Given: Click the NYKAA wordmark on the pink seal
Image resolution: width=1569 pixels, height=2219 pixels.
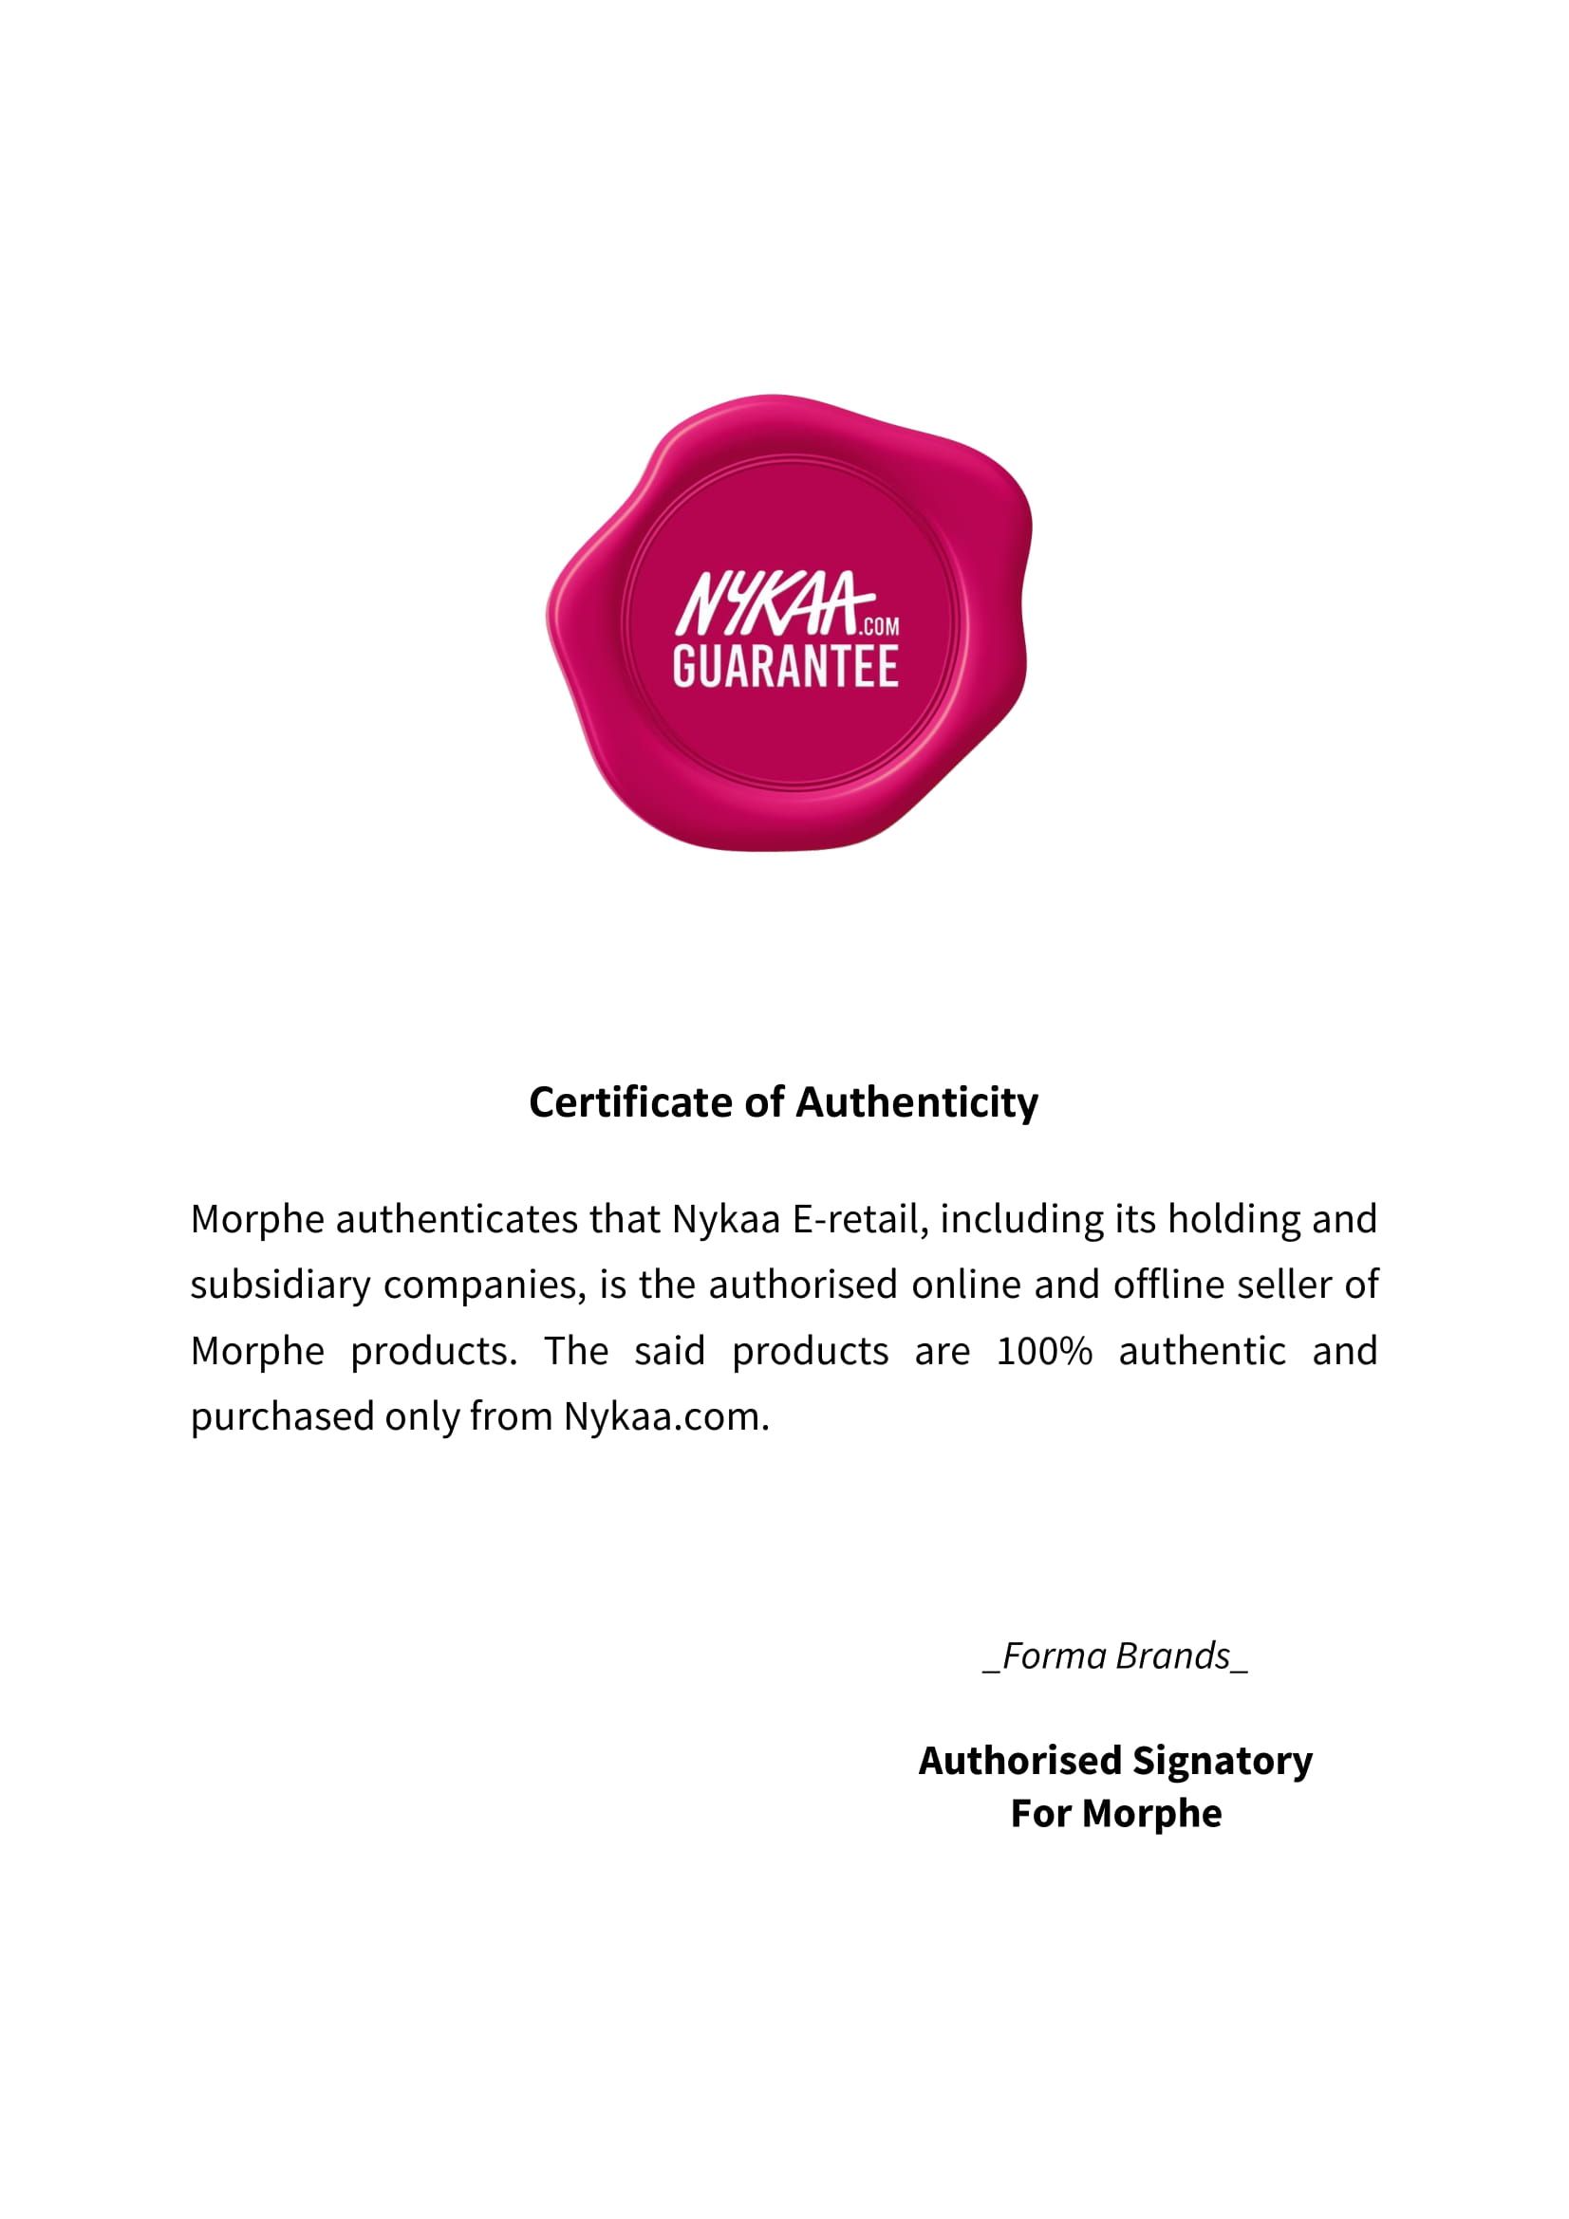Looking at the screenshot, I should coord(768,605).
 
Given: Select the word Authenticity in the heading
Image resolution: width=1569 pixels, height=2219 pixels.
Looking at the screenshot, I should coord(917,1101).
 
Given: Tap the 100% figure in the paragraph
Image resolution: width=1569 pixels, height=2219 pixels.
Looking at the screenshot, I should coord(1044,1351).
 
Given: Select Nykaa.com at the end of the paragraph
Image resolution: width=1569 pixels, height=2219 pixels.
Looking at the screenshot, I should coord(666,1416).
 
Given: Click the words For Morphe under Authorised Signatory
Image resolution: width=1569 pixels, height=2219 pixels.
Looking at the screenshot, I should coord(1115,1814).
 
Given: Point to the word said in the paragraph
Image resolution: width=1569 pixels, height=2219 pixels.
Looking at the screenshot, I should coord(670,1351).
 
